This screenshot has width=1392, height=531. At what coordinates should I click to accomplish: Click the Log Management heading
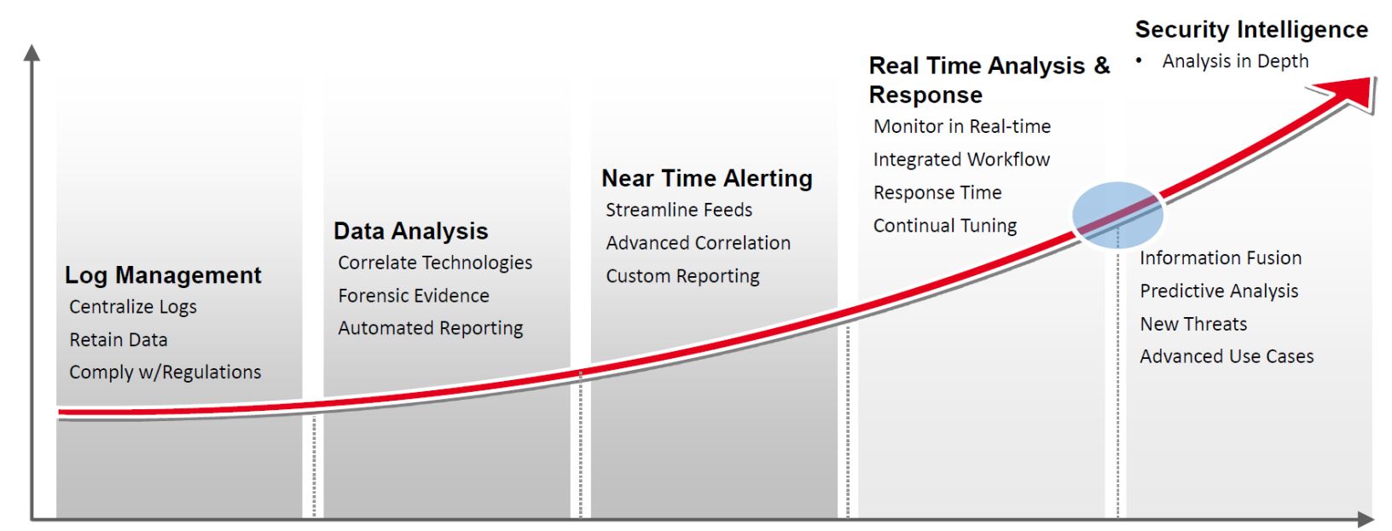click(163, 275)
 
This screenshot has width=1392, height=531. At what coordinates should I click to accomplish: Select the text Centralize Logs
click(133, 307)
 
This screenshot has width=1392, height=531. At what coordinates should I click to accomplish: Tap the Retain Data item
click(119, 340)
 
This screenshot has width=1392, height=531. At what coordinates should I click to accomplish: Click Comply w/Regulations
click(165, 372)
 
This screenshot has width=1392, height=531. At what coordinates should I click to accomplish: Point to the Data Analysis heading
click(410, 231)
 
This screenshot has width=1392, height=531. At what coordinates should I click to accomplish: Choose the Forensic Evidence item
click(414, 296)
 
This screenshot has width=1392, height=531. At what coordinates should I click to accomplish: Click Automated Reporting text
click(431, 328)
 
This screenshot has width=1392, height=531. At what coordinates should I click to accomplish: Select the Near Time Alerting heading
click(706, 178)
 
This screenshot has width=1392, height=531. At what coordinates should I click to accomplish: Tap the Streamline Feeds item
click(679, 210)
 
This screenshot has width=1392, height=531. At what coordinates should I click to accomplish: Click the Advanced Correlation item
click(698, 243)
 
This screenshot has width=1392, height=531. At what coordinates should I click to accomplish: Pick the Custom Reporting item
click(682, 276)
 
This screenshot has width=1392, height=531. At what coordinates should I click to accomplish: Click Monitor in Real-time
click(962, 127)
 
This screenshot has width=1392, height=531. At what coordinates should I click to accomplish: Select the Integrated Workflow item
click(961, 159)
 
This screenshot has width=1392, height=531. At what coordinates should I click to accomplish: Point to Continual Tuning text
click(945, 226)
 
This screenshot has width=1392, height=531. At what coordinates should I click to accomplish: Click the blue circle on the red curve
click(1117, 215)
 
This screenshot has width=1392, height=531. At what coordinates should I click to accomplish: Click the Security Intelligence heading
click(1251, 30)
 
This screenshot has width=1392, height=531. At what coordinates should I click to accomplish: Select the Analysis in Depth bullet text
click(1235, 61)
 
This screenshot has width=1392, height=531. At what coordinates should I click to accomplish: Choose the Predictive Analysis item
click(1219, 291)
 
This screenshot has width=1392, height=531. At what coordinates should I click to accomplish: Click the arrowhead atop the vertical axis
click(32, 53)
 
